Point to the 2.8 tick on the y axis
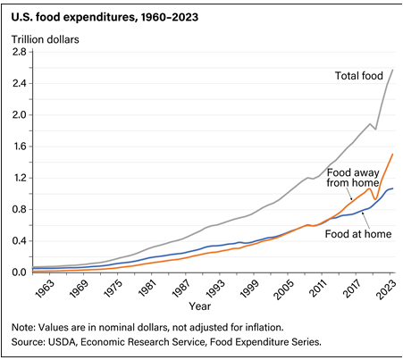(19, 53)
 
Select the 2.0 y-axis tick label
(19, 115)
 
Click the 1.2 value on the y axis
(19, 178)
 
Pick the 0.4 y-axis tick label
(19, 241)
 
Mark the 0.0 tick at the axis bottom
(19, 272)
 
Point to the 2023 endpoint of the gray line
(393, 71)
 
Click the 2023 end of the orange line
(393, 154)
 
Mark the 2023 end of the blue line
(393, 188)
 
